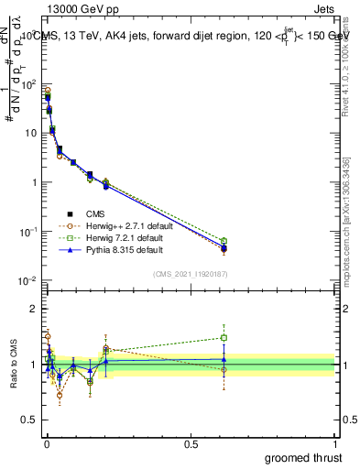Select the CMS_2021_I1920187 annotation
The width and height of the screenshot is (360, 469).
[190, 274]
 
